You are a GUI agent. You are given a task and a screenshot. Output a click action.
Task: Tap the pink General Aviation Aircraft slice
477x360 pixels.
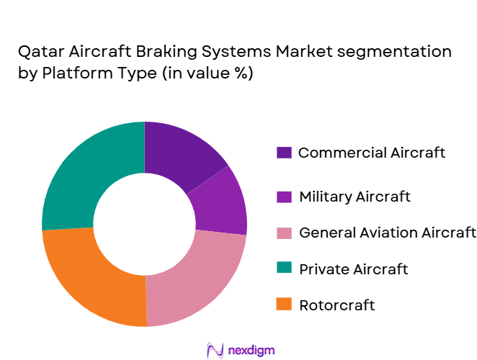(195, 274)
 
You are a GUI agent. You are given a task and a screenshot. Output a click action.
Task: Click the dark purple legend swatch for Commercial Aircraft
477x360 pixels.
(284, 153)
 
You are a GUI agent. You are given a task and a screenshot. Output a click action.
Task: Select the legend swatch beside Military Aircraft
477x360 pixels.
(284, 197)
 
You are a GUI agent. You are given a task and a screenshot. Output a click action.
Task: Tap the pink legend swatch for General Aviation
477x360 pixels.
(284, 233)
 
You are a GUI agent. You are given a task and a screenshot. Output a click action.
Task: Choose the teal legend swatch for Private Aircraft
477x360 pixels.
(284, 269)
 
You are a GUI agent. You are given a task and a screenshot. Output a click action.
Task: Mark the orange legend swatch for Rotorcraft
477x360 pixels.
(284, 305)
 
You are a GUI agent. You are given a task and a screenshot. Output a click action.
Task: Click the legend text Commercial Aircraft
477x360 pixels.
(371, 153)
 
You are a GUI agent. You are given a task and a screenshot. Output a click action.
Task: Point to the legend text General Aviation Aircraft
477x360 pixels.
(387, 233)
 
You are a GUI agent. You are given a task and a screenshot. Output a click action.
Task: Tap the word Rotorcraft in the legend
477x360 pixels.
(336, 305)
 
